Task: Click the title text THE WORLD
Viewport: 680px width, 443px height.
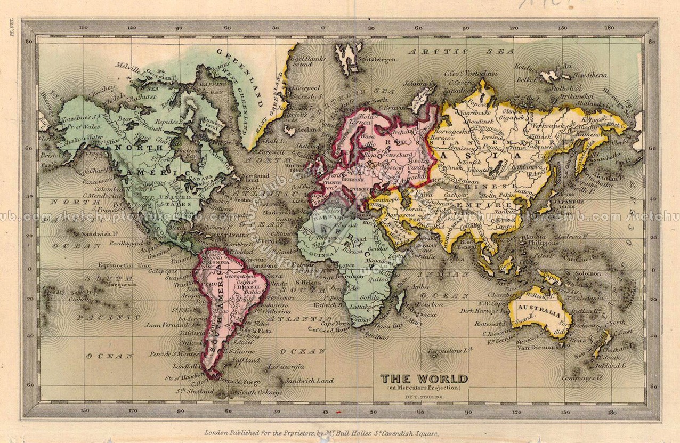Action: coord(424,378)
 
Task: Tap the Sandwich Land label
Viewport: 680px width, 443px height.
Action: coord(309,381)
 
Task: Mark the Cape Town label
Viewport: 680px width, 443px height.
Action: coord(334,323)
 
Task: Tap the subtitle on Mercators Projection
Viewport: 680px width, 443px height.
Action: coord(424,388)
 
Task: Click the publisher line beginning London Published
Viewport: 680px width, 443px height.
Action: coord(321,433)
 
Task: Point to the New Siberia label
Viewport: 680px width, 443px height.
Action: coord(589,75)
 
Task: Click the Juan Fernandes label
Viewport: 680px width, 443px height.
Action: coord(167,324)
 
